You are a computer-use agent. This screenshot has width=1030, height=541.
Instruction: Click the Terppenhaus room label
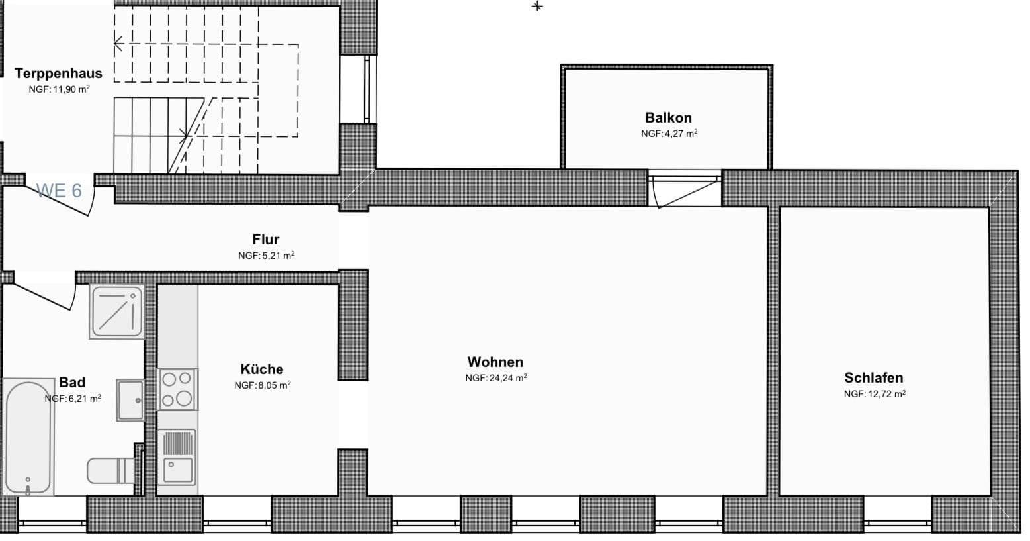click(58, 74)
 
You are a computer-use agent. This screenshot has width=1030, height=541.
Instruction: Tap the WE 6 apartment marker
click(60, 191)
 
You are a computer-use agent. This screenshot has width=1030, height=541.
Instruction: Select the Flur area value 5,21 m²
click(266, 255)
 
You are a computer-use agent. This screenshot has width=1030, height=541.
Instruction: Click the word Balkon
click(668, 118)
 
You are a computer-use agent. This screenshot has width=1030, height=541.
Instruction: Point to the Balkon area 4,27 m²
click(669, 134)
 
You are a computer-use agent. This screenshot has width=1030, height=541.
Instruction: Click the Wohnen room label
click(495, 362)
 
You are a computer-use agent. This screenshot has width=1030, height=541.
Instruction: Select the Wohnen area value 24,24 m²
click(495, 378)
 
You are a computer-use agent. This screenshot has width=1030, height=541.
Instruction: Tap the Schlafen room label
click(873, 378)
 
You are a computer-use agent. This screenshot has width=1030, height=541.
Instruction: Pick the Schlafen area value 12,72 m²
click(874, 394)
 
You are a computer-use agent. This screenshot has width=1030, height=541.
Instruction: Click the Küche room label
click(262, 369)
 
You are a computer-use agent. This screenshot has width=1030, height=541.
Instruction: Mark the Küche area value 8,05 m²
click(263, 385)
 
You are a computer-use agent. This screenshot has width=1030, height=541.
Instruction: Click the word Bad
click(72, 383)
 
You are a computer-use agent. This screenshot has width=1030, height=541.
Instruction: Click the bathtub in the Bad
click(28, 437)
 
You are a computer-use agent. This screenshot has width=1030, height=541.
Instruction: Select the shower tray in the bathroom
click(117, 311)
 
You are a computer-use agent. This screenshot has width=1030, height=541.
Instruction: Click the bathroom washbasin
click(130, 400)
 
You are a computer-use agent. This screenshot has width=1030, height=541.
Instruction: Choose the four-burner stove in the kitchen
click(177, 389)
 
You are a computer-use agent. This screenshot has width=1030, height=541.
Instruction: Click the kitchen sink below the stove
click(177, 457)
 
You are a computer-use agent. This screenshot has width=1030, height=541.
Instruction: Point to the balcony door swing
click(685, 191)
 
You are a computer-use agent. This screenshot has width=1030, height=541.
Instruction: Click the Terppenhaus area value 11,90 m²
click(59, 89)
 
